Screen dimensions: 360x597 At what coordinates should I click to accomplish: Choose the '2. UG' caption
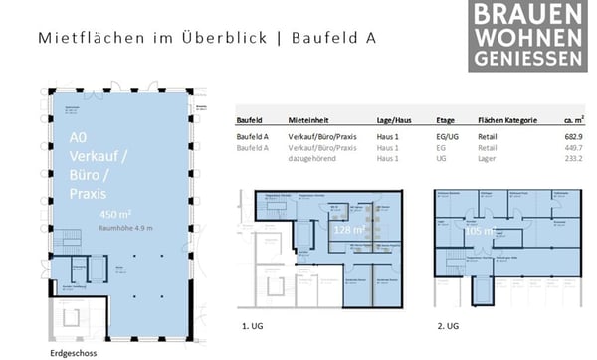coord(447,325)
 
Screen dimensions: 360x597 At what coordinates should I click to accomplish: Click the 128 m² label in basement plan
coord(349,230)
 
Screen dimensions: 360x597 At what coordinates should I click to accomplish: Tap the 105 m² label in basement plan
coord(480,230)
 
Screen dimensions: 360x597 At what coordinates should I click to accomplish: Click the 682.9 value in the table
coord(572,135)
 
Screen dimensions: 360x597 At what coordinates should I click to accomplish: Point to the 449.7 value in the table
coord(572,147)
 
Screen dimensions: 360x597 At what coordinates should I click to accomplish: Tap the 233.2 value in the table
coord(572,159)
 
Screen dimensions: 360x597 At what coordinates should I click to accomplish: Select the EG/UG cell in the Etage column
coord(428,135)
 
